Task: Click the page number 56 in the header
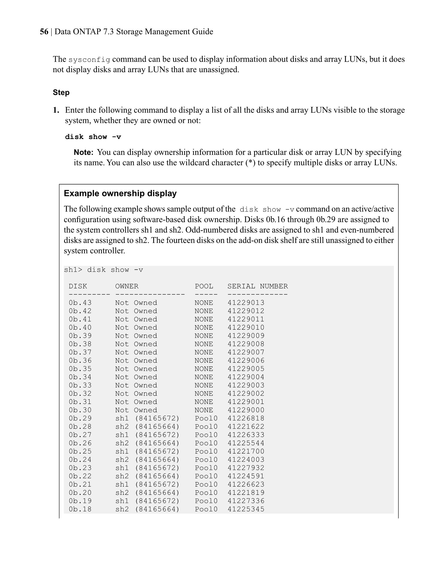click(x=44, y=32)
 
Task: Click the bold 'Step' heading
click(x=61, y=93)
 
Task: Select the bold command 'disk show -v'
click(x=93, y=137)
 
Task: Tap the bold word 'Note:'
click(x=83, y=152)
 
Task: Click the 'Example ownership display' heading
click(x=120, y=193)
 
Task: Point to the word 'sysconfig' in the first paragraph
click(x=89, y=60)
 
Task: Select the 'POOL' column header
click(x=204, y=286)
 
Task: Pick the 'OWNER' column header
click(x=127, y=286)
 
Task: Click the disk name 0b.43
click(x=80, y=303)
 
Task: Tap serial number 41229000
click(x=246, y=410)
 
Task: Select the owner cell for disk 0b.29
click(x=147, y=418)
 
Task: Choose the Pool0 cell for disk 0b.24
click(x=206, y=460)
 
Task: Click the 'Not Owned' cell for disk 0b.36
click(x=136, y=360)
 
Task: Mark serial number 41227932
click(x=246, y=468)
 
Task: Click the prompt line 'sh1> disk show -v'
click(x=103, y=270)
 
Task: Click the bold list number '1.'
click(x=56, y=110)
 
